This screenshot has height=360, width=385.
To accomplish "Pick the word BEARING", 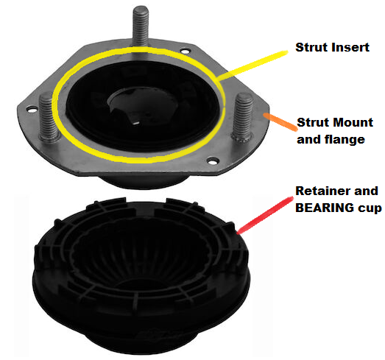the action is point(325,208).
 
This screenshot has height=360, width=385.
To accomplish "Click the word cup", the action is point(370,209).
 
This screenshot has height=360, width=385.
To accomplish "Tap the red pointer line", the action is point(265,215).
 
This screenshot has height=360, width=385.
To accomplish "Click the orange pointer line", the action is point(280,121).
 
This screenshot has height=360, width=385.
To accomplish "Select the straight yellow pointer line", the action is point(253,65).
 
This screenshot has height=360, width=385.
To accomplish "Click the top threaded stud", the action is point(141,26).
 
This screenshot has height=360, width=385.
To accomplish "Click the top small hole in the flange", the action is point(186,52).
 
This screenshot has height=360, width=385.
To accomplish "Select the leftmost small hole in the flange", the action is point(32,109).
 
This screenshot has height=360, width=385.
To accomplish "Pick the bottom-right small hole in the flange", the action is point(213,161).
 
